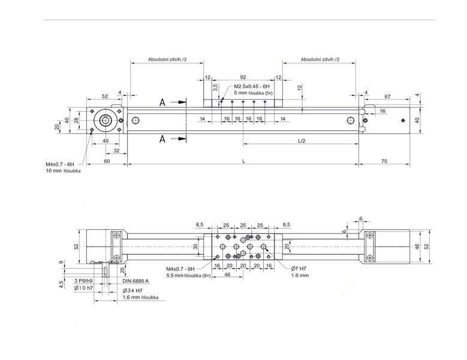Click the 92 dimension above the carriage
tap(243, 77)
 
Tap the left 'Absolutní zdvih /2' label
tap(167, 59)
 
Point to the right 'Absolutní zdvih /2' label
tap(320, 59)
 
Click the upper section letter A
tap(162, 102)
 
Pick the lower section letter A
tap(162, 139)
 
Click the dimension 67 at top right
tap(387, 97)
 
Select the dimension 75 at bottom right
tap(384, 161)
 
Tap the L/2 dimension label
tap(302, 140)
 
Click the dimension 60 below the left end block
tap(107, 161)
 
